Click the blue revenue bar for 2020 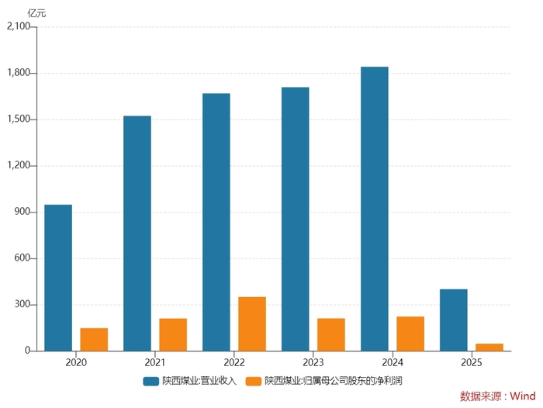58,278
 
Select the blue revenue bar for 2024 375,209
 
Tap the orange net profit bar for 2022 252,323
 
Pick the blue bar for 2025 454,320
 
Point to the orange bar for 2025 489,347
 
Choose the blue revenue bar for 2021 137,233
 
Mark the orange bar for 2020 94,339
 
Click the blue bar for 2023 296,219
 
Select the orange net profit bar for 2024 410,334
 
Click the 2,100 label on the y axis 18,27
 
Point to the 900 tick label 22,212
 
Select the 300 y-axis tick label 22,305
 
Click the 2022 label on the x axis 234,362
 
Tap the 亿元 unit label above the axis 36,12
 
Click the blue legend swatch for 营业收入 151,381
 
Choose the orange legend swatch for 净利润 253,381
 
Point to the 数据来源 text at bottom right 479,396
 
